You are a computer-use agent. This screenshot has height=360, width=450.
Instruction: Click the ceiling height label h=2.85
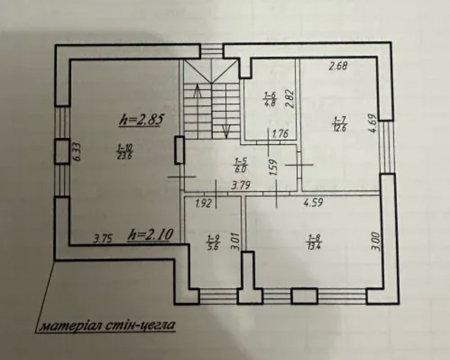[141, 119]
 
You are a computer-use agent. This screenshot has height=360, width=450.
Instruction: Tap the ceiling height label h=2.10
[151, 235]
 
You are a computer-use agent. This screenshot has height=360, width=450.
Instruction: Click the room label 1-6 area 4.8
[270, 99]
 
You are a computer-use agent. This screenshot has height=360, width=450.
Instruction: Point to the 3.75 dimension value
[103, 238]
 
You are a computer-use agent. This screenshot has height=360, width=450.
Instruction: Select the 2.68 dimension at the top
[338, 66]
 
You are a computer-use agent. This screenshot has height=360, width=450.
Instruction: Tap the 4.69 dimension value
[373, 123]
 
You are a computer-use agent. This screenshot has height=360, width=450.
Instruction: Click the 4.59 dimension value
[314, 202]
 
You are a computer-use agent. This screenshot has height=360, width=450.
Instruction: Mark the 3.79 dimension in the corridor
[241, 185]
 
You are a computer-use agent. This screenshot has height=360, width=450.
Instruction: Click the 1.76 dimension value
[280, 134]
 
